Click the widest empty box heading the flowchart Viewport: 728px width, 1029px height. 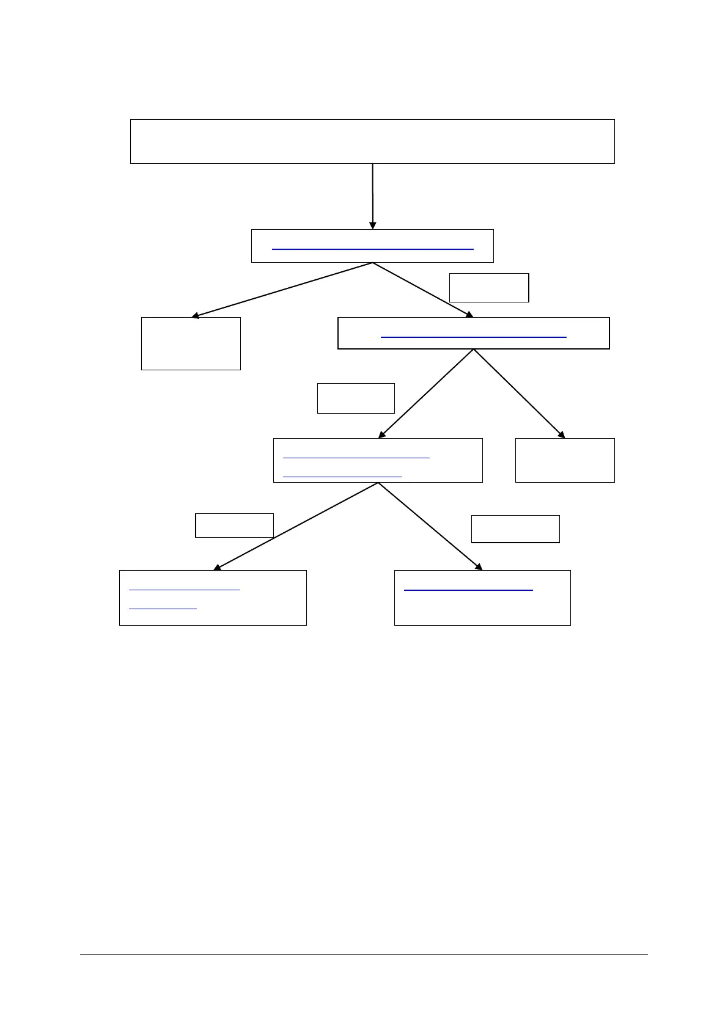pos(372,141)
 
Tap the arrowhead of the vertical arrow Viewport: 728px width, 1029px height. pos(372,225)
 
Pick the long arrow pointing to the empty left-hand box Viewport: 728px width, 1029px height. pos(281,290)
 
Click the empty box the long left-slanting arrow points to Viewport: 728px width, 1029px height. pos(191,343)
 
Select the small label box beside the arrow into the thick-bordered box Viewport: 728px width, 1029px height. pos(488,288)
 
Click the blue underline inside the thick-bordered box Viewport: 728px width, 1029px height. pos(473,337)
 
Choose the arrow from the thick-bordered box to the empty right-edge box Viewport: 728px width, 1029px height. pos(518,394)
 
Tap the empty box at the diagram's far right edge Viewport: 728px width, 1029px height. pos(564,460)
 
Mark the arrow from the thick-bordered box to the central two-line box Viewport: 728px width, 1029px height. pos(426,394)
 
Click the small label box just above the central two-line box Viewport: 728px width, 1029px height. pos(356,398)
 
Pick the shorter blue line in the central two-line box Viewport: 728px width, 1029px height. pos(342,475)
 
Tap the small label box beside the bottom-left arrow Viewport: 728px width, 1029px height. pos(234,525)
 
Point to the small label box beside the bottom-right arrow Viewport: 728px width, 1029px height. pos(515,529)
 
